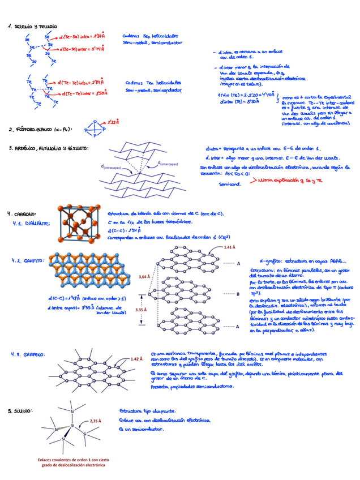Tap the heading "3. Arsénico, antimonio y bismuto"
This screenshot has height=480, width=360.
click(x=48, y=148)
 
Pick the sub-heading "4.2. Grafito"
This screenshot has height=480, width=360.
click(x=28, y=260)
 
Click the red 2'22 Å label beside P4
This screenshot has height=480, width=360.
click(x=113, y=121)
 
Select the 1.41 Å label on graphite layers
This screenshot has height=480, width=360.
click(x=229, y=247)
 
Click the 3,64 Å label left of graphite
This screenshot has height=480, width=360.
click(x=144, y=277)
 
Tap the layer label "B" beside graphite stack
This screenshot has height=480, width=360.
click(x=238, y=294)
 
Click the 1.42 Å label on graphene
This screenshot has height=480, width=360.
click(x=136, y=359)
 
